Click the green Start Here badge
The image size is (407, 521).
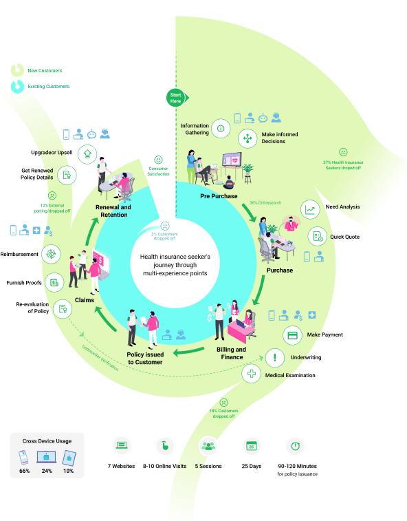(x=176, y=97)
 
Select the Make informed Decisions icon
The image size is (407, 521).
(x=247, y=138)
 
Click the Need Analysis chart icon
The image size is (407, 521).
(x=311, y=210)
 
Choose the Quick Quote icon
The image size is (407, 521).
(x=317, y=236)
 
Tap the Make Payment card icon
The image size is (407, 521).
(x=293, y=335)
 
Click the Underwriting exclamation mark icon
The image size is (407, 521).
(x=275, y=357)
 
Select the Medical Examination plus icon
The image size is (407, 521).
(x=252, y=374)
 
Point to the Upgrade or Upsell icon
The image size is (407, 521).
(x=87, y=154)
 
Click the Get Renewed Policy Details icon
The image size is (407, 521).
(x=67, y=175)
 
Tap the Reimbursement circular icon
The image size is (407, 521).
(x=51, y=254)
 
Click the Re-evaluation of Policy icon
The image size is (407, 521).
(x=63, y=309)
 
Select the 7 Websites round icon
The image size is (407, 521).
(x=123, y=445)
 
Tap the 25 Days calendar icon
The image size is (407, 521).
(x=251, y=446)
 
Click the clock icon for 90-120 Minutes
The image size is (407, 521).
(x=295, y=446)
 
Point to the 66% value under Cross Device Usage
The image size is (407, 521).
(x=23, y=471)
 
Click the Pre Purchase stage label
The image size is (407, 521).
(x=219, y=196)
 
